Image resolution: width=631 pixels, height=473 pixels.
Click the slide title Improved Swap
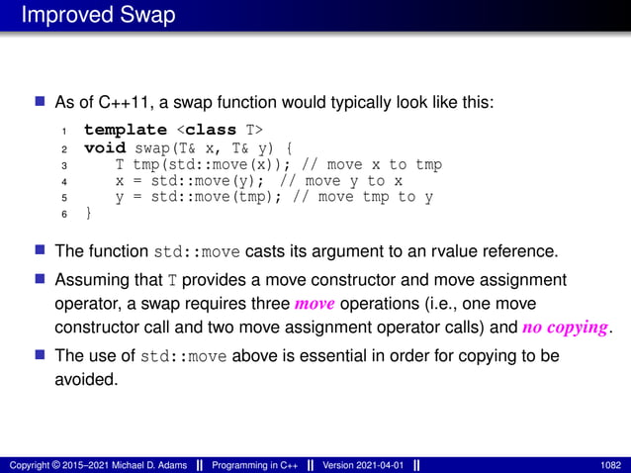tap(97, 16)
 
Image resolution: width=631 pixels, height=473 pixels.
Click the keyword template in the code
tap(126, 130)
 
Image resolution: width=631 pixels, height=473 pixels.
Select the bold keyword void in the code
tap(104, 147)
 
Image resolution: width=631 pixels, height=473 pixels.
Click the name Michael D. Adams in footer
tap(148, 464)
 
